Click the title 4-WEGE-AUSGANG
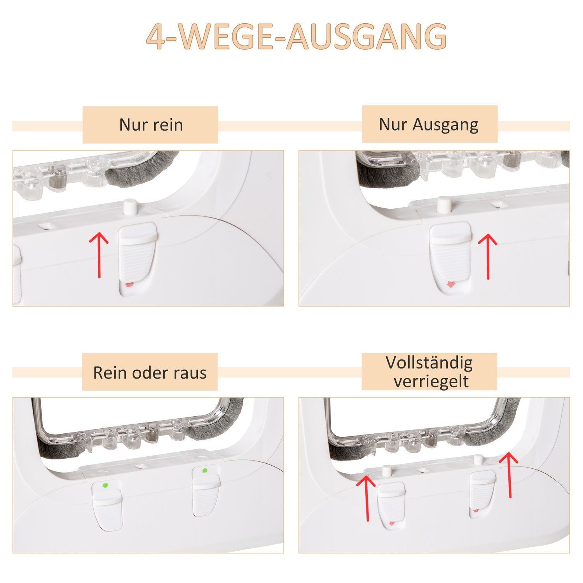coord(297,37)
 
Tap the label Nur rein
coord(151,125)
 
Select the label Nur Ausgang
coord(429,125)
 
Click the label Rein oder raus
coord(150,373)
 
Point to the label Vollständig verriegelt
coord(429,372)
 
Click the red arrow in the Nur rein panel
coord(99,255)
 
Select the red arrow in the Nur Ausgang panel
coord(488,257)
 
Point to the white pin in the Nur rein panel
coord(130,207)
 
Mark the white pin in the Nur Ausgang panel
coord(444,204)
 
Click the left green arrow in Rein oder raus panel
coord(104,485)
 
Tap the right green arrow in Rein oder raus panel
coord(205,471)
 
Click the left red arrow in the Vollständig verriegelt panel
coord(367,498)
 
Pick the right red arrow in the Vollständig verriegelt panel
coord(509,475)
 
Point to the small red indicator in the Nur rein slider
coord(129,285)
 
